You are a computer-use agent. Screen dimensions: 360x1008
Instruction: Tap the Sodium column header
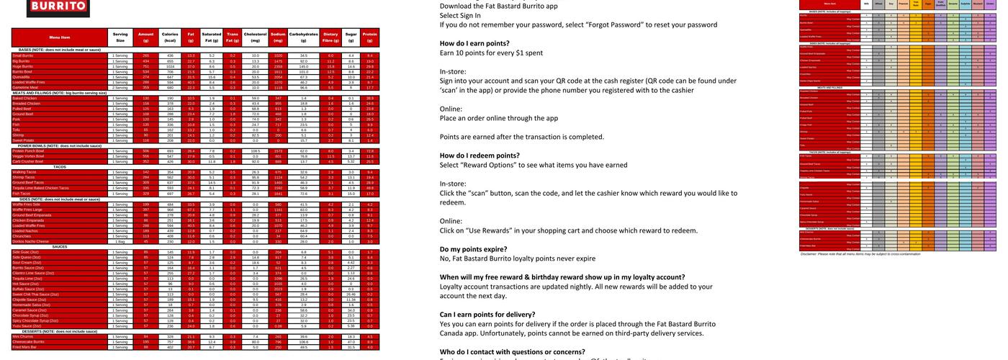278,37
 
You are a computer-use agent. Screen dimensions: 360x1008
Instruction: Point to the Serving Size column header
120,37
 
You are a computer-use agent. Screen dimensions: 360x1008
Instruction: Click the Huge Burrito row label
23,66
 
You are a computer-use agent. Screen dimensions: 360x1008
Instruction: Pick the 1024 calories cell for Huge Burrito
170,66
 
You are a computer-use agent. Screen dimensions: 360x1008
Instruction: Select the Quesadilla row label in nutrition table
22,76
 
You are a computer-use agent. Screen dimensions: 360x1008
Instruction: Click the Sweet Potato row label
24,140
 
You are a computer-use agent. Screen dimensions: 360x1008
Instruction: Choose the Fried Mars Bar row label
25,347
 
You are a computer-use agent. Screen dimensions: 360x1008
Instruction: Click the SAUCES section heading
60,246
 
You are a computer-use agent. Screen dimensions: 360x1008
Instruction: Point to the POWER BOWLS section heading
60,145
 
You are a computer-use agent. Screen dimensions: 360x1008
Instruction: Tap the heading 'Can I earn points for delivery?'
487,314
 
